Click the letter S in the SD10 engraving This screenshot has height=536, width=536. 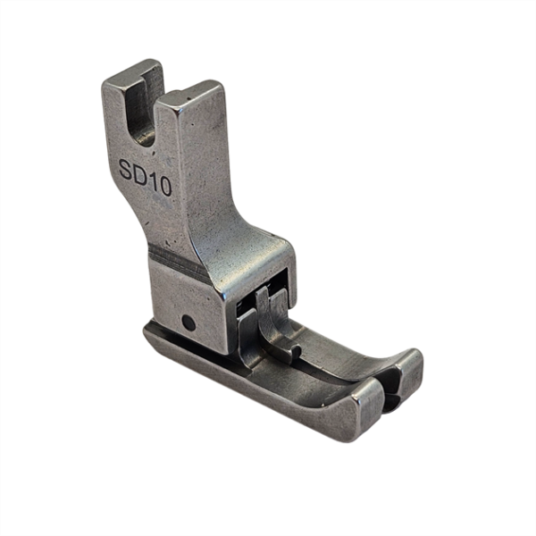pyautogui.click(x=127, y=168)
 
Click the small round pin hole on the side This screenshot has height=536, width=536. pyautogui.click(x=186, y=320)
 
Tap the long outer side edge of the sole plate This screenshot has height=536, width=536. pyautogui.click(x=250, y=393)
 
